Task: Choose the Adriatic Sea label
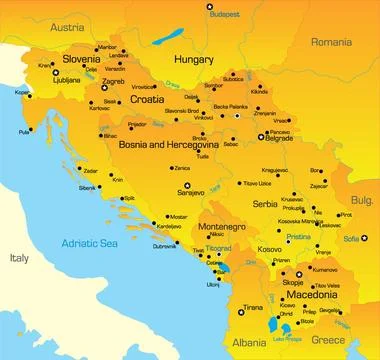pyautogui.click(x=91, y=242)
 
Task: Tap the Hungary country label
pyautogui.click(x=195, y=60)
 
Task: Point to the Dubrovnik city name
pyautogui.click(x=164, y=246)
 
